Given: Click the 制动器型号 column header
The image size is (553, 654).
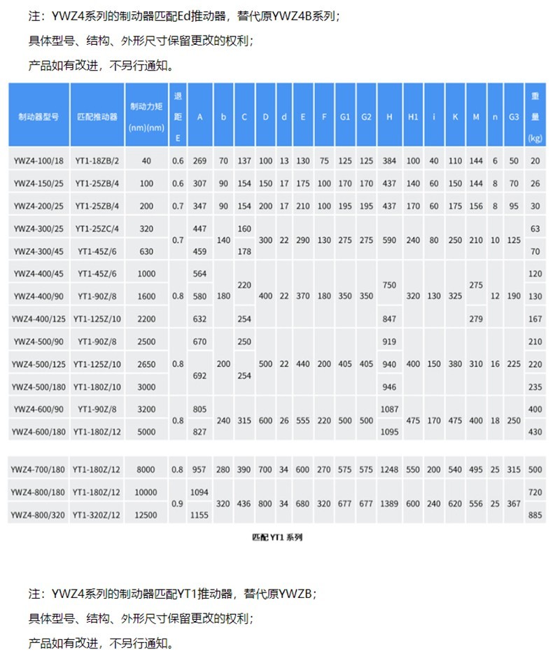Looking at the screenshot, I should [38, 116].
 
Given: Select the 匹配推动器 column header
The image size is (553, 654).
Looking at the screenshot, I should [97, 116].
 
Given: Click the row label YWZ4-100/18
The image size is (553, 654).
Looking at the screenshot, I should [38, 161].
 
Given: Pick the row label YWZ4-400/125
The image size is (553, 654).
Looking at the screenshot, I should [38, 319].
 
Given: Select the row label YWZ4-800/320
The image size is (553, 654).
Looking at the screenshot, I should [38, 515].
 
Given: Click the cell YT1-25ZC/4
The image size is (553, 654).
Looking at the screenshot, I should [97, 228].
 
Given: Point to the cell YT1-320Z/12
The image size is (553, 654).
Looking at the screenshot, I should [97, 515].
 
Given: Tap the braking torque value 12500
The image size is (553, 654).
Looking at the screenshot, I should [146, 515].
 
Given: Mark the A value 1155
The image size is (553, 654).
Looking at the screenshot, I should [199, 515].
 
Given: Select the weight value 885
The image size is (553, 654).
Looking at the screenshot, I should [535, 515].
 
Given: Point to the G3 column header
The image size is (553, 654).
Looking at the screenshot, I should [514, 116].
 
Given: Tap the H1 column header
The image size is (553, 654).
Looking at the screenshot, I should [413, 116].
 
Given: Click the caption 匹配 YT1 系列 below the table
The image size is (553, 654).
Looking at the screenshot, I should [276, 538].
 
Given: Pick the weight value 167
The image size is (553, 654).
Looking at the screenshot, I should [535, 319].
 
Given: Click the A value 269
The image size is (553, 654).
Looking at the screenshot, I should [199, 161].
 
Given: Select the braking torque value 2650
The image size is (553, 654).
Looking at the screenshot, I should [146, 364].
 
